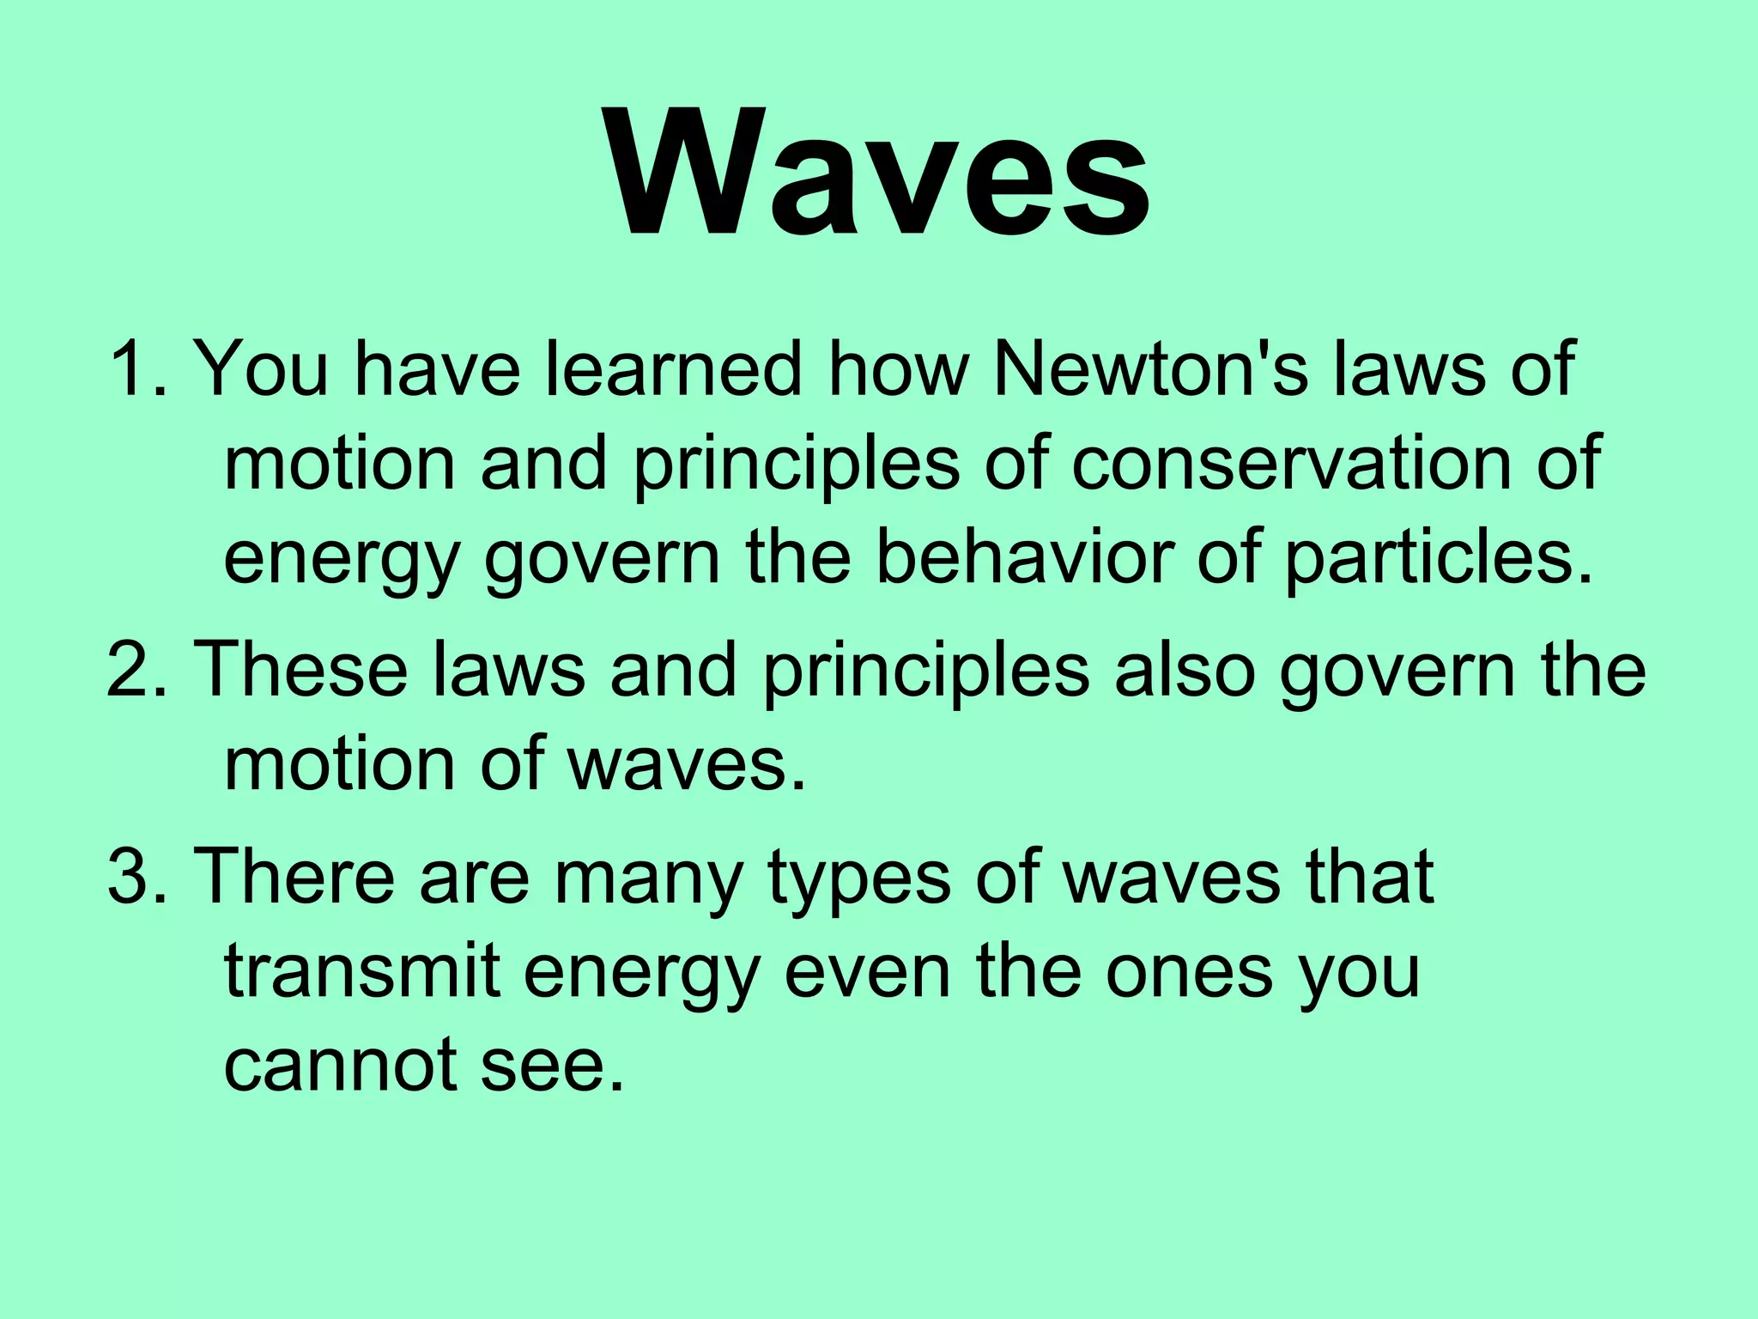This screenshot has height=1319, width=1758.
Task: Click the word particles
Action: coord(1438,558)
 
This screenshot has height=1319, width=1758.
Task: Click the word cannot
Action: coord(339,1065)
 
